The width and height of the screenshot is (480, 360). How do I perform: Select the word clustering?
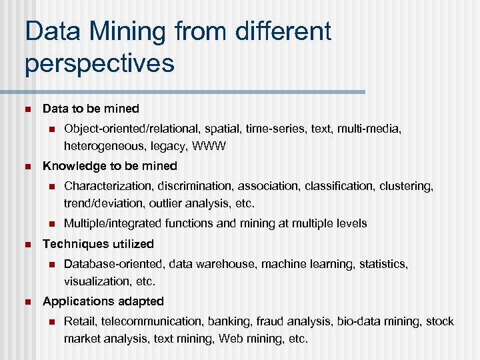tap(405, 187)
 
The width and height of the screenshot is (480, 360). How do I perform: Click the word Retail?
tap(79, 322)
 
